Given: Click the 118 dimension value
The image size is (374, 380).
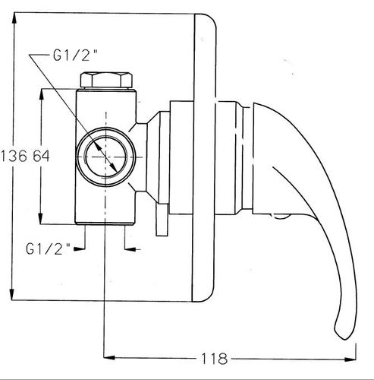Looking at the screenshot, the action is [214, 359].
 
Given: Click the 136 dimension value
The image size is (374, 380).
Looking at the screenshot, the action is [14, 156].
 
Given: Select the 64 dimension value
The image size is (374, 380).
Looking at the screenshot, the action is [41, 156].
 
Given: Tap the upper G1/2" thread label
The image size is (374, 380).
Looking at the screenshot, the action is [75, 55].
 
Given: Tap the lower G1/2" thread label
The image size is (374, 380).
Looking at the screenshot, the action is [48, 249].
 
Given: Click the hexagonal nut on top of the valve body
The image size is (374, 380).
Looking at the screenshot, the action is [106, 80].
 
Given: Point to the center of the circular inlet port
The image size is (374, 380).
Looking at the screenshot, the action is [106, 157].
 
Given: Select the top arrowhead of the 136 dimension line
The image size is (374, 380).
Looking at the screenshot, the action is [14, 18].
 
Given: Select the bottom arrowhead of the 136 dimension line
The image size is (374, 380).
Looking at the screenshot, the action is [12, 294].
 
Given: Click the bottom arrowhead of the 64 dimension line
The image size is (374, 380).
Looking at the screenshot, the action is [40, 218].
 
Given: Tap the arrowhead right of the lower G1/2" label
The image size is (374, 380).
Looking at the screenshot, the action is [79, 249].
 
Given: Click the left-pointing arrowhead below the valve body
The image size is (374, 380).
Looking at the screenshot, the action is [130, 249].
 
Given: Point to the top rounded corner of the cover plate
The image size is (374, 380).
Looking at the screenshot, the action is [211, 19].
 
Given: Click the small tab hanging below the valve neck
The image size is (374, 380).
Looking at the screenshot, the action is [162, 220].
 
